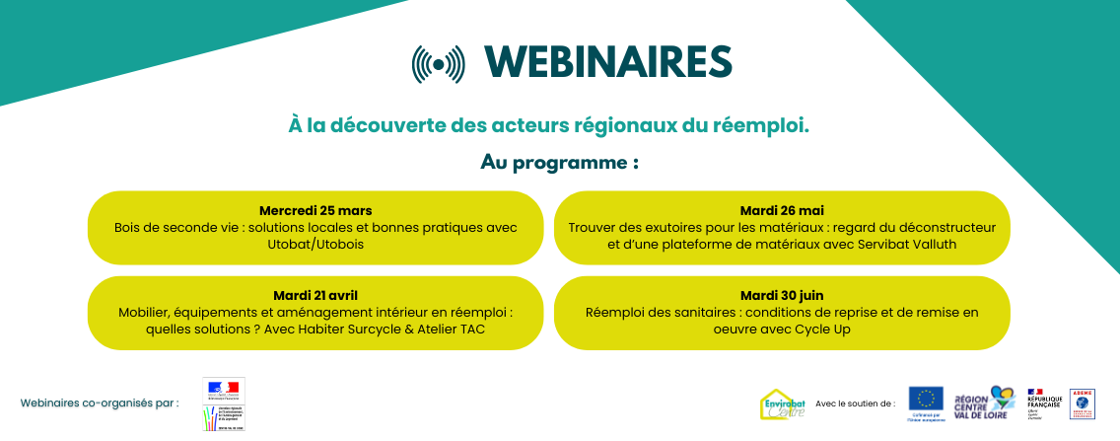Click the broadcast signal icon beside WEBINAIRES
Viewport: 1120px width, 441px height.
pyautogui.click(x=437, y=63)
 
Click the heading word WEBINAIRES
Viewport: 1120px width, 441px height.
pyautogui.click(x=608, y=62)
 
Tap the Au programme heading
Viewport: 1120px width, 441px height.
pyautogui.click(x=559, y=162)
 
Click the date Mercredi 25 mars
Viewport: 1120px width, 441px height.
pyautogui.click(x=315, y=210)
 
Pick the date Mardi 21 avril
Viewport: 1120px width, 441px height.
pyautogui.click(x=315, y=295)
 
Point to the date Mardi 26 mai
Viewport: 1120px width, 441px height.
pyautogui.click(x=782, y=210)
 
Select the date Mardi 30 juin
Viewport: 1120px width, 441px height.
pyautogui.click(x=782, y=295)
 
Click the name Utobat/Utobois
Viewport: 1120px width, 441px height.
pyautogui.click(x=315, y=244)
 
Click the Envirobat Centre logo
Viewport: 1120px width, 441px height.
pyautogui.click(x=783, y=404)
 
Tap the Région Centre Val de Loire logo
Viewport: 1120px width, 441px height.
pyautogui.click(x=984, y=403)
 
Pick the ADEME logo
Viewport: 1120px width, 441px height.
pyautogui.click(x=1082, y=404)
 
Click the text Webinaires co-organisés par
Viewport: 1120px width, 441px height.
pyautogui.click(x=100, y=403)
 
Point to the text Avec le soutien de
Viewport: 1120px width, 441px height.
pyautogui.click(x=856, y=403)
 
